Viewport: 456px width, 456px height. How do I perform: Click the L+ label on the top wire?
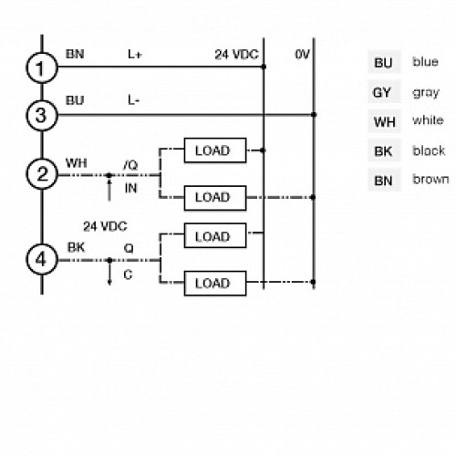click(x=134, y=56)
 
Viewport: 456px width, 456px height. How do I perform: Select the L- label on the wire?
click(x=133, y=101)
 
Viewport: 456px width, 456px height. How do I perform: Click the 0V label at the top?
click(x=303, y=56)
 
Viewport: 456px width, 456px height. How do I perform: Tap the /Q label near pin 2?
click(x=131, y=164)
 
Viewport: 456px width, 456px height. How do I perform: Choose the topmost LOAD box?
click(x=212, y=150)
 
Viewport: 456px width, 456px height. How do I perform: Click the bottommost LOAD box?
click(x=212, y=283)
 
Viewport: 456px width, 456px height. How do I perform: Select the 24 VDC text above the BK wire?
click(x=103, y=225)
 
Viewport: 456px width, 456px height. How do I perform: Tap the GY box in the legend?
click(x=381, y=92)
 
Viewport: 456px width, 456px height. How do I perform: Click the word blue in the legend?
click(x=425, y=62)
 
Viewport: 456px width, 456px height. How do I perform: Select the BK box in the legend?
click(x=381, y=150)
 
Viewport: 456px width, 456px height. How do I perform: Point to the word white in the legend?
click(x=427, y=121)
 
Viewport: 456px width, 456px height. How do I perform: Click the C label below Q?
click(x=127, y=274)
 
